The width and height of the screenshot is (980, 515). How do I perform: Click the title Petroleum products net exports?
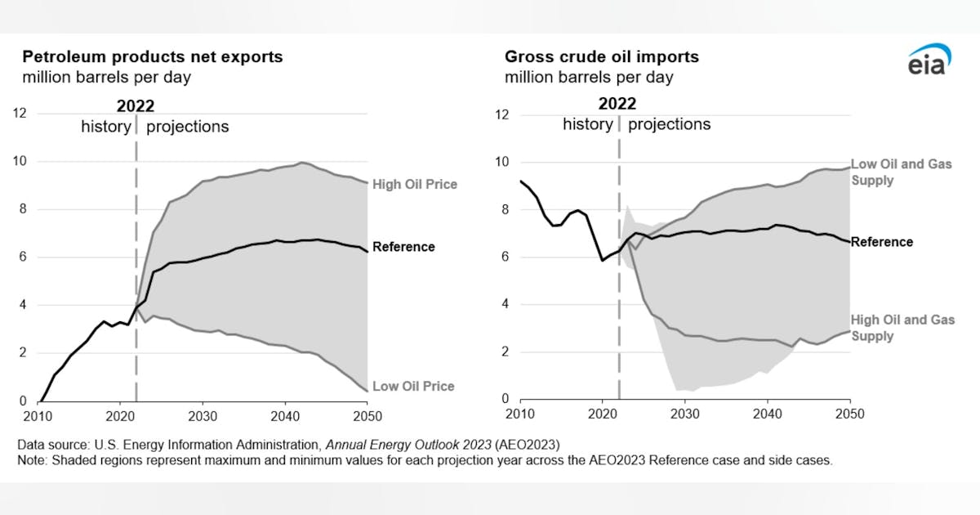(x=152, y=57)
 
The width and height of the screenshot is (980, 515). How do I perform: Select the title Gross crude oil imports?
(x=601, y=57)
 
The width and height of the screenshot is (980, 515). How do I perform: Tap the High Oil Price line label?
(x=414, y=185)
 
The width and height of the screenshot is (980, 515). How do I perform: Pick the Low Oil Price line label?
(x=413, y=386)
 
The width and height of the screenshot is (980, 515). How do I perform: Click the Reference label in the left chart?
(x=403, y=247)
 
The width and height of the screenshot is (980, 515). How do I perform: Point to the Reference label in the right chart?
(x=882, y=242)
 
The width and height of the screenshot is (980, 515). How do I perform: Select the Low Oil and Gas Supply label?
(x=901, y=172)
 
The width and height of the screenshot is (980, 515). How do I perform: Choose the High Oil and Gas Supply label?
(x=902, y=328)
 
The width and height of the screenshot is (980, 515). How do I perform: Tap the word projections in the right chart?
(x=669, y=124)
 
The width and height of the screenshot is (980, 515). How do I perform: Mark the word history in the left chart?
(x=105, y=127)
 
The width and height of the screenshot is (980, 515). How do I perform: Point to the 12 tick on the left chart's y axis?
(x=18, y=114)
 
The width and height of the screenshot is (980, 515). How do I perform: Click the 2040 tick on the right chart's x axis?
(x=767, y=414)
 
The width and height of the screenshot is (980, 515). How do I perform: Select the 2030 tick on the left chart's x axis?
(x=203, y=415)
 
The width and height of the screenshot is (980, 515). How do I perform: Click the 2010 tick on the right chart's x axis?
(x=519, y=414)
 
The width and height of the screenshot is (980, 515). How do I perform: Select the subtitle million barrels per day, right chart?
(x=589, y=78)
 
